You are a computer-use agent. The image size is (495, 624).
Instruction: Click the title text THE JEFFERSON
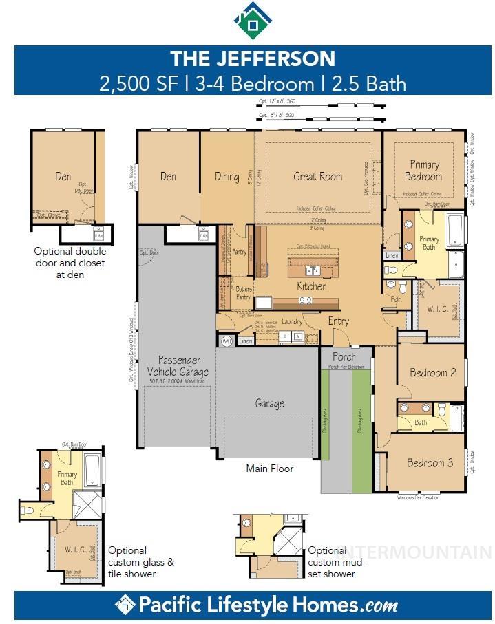(253, 58)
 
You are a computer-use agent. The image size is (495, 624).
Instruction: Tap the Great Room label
(317, 177)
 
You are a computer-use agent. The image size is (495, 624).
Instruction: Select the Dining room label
(227, 177)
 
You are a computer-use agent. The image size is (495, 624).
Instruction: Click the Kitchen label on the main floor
(311, 286)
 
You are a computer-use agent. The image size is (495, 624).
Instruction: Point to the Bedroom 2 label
(432, 373)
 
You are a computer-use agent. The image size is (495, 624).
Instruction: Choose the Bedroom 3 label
(430, 463)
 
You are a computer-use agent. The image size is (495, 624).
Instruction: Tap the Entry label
(338, 321)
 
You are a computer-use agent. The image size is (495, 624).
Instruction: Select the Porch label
(344, 357)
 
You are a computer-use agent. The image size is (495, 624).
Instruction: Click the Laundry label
(292, 321)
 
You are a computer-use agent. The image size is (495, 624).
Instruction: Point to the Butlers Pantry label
(243, 293)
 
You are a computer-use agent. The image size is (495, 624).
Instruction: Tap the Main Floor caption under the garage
(270, 469)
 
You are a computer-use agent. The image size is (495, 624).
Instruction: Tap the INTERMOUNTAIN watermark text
(414, 552)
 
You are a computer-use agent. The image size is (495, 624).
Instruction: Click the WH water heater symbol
(227, 341)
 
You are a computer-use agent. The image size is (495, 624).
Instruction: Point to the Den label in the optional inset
(63, 177)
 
